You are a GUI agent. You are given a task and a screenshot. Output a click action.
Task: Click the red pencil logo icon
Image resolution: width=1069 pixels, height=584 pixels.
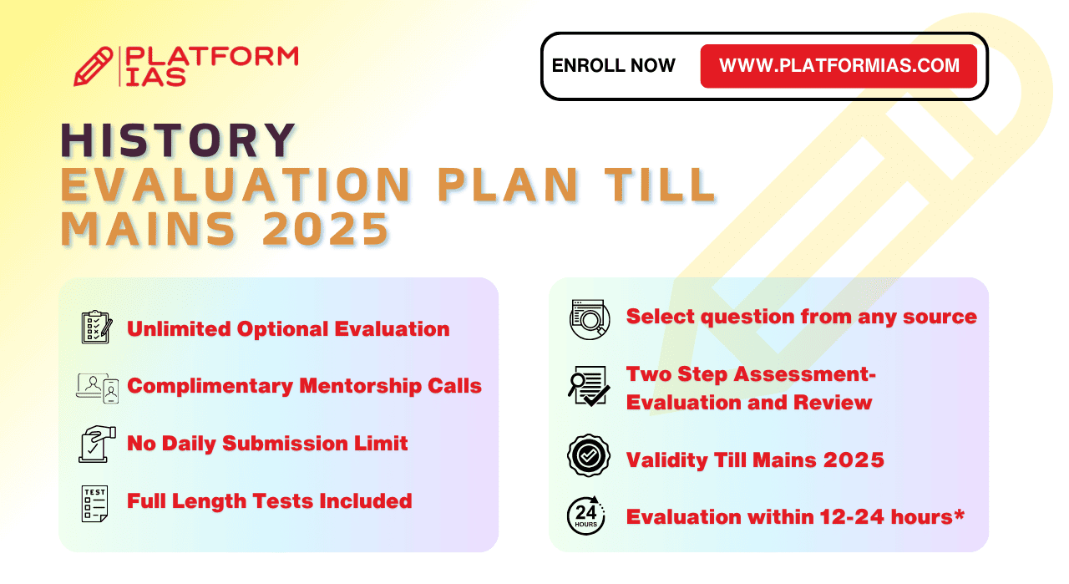pyautogui.click(x=93, y=66)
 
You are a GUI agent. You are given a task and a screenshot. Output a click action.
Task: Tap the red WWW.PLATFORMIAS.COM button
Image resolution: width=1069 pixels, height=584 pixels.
pyautogui.click(x=838, y=66)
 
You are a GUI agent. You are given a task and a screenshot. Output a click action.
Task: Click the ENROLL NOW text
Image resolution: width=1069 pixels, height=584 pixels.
pyautogui.click(x=613, y=65)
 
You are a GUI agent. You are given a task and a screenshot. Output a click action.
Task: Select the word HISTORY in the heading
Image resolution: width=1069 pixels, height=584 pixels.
pyautogui.click(x=178, y=140)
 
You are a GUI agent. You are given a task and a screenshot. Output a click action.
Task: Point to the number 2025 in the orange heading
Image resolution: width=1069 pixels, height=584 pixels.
pyautogui.click(x=326, y=229)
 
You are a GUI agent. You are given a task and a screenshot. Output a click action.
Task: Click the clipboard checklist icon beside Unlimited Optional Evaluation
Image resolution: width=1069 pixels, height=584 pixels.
pyautogui.click(x=97, y=328)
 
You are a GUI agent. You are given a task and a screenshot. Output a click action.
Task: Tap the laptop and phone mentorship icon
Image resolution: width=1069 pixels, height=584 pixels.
pyautogui.click(x=98, y=388)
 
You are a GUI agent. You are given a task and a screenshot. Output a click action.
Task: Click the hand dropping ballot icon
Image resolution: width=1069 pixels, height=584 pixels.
pyautogui.click(x=98, y=444)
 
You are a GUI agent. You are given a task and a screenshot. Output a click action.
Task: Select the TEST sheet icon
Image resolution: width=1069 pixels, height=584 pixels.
pyautogui.click(x=94, y=504)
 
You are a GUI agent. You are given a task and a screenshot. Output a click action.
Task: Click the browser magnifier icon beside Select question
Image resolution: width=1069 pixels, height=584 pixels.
pyautogui.click(x=590, y=319)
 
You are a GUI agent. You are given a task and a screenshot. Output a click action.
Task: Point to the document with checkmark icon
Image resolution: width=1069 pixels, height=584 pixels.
pyautogui.click(x=589, y=386)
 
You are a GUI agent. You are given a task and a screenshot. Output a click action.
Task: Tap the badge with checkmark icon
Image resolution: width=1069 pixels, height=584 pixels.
pyautogui.click(x=589, y=455)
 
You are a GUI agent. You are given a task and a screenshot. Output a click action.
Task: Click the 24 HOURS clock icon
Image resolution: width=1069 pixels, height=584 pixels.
pyautogui.click(x=586, y=515)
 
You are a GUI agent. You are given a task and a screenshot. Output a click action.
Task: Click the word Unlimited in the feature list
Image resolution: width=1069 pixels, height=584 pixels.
pyautogui.click(x=180, y=329)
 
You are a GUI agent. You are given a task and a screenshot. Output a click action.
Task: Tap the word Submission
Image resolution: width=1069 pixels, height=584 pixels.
pyautogui.click(x=285, y=443)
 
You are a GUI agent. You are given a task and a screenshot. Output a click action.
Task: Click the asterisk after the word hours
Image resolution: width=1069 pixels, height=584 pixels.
pyautogui.click(x=959, y=515)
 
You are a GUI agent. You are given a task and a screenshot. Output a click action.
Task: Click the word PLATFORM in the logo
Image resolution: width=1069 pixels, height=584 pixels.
pyautogui.click(x=212, y=56)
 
